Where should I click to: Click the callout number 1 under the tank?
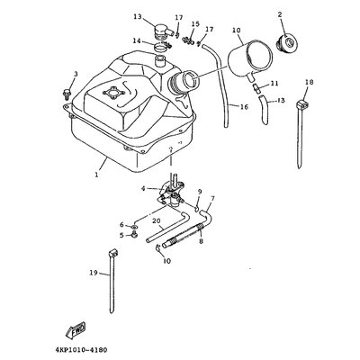pyautogui.click(x=96, y=175)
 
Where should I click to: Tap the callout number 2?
pyautogui.click(x=280, y=14)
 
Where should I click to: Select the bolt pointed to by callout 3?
pyautogui.click(x=67, y=94)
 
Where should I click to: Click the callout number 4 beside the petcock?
pyautogui.click(x=143, y=189)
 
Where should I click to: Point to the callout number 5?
pyautogui.click(x=121, y=236)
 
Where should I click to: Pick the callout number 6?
pyautogui.click(x=121, y=225)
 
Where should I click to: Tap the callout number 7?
pyautogui.click(x=212, y=198)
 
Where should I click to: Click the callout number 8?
pyautogui.click(x=201, y=239)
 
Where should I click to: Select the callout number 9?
pyautogui.click(x=200, y=192)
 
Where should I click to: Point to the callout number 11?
pyautogui.click(x=274, y=83)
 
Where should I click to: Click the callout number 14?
pyautogui.click(x=138, y=40)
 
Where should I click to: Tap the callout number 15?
pyautogui.click(x=195, y=24)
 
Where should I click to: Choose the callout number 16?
pyautogui.click(x=245, y=106)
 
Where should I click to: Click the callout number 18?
pyautogui.click(x=310, y=82)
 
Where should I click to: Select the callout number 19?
pyautogui.click(x=94, y=273)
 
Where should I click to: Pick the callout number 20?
pyautogui.click(x=156, y=220)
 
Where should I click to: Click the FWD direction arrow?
pyautogui.click(x=76, y=329)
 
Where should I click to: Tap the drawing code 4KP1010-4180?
pyautogui.click(x=81, y=350)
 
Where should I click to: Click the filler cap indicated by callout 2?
pyautogui.click(x=287, y=42)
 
